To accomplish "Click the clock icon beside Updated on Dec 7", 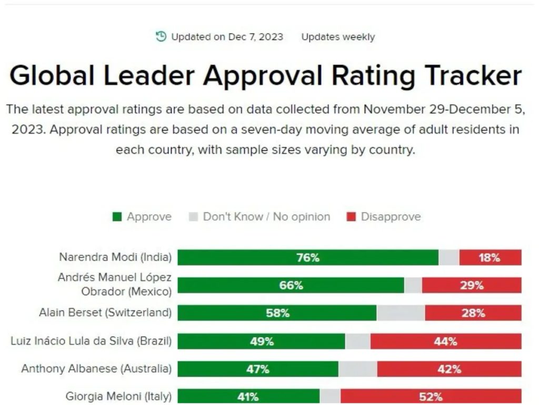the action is [x=161, y=36].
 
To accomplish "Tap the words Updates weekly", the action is [x=338, y=37].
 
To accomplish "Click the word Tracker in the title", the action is [x=473, y=75].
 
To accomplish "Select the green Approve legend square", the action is [x=117, y=217].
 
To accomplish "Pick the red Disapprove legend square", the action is [x=351, y=217].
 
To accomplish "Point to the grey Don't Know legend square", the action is [x=194, y=217].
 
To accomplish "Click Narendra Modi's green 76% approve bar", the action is [x=308, y=257].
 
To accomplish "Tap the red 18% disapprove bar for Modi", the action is [x=491, y=257].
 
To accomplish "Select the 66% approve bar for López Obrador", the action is [x=291, y=285].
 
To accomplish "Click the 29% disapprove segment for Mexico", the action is [x=472, y=285].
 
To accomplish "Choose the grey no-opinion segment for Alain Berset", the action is [x=401, y=313].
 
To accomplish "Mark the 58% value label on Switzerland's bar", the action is [x=278, y=313].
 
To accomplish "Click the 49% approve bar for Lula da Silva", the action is [x=261, y=341].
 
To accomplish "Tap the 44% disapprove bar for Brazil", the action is [x=446, y=341].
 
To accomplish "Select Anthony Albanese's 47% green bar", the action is [x=258, y=369].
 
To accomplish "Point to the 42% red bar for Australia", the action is [x=450, y=369].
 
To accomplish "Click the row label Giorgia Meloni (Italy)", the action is [x=118, y=397].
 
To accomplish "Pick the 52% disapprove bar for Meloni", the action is [x=431, y=397].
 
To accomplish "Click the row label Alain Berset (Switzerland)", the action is [x=105, y=312].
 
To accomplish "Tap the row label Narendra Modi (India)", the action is [x=115, y=257].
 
